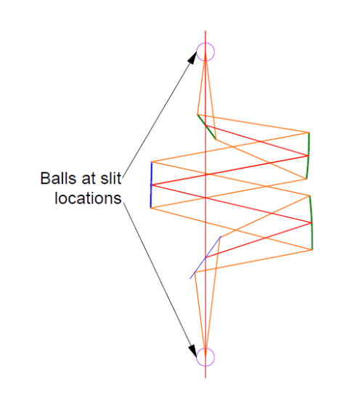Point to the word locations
click(88, 198)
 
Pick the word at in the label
click(88, 179)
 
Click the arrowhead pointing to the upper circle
click(192, 57)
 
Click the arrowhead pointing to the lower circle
click(192, 351)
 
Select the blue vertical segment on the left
click(151, 185)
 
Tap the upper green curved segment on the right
click(308, 155)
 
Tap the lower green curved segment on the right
click(311, 223)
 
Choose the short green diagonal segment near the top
click(206, 126)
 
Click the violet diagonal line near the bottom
click(205, 257)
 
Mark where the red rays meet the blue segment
click(151, 185)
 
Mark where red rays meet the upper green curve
click(308, 155)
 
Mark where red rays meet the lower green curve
click(311, 222)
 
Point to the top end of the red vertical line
click(205, 31)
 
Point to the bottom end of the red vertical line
click(205, 378)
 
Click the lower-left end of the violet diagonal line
click(190, 279)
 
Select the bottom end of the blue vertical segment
click(151, 208)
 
